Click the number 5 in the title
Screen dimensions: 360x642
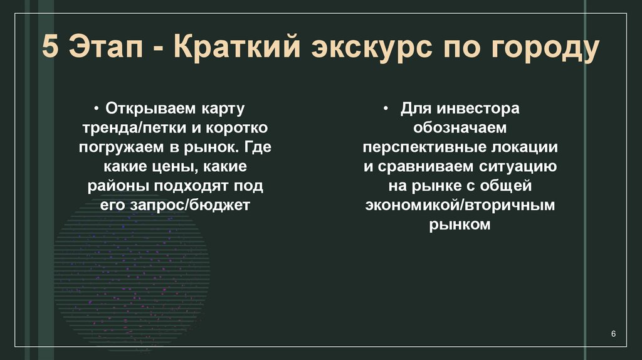(52, 49)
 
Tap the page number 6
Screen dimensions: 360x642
(614, 334)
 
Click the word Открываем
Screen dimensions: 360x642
(145, 108)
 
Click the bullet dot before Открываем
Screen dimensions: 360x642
(99, 109)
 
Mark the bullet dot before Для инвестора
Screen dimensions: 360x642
(387, 109)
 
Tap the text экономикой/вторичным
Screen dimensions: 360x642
(460, 205)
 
